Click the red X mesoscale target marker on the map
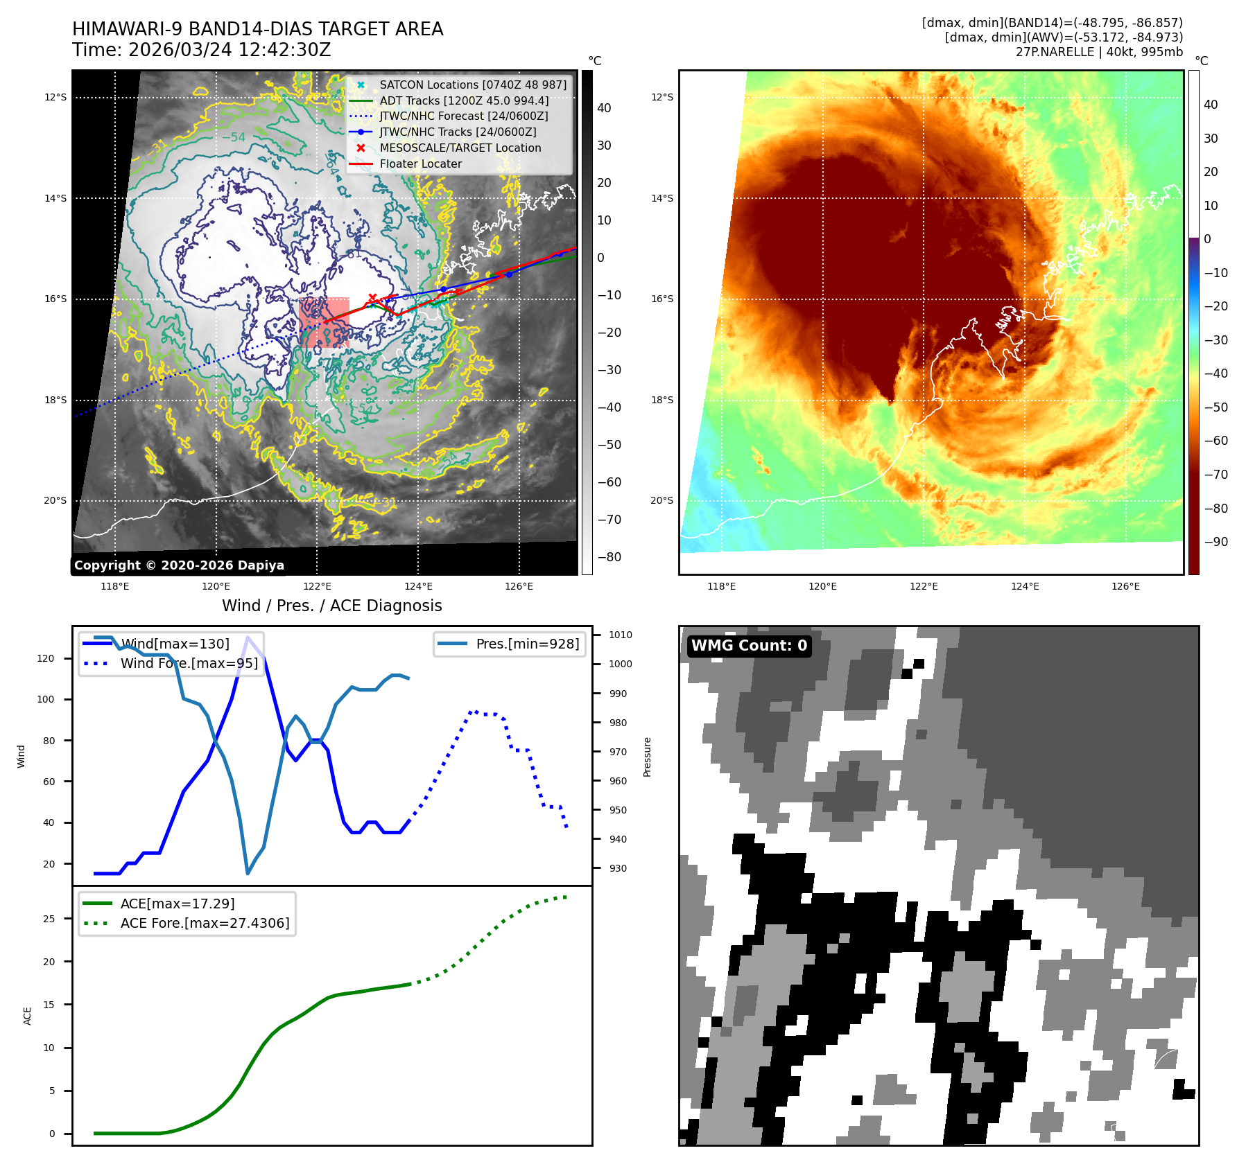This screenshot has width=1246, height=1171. coord(372,298)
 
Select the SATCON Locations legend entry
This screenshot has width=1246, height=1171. coord(472,85)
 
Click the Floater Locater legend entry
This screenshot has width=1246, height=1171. coord(420,164)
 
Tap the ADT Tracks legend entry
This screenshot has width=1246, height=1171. coord(464,101)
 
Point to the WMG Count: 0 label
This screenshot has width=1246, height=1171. coord(749,646)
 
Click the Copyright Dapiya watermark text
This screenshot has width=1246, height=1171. coord(179,565)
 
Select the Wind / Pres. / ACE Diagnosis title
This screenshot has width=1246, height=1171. coord(331,606)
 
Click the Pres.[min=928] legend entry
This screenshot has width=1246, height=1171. coord(527,644)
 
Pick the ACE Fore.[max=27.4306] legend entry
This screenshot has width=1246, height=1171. coord(205,924)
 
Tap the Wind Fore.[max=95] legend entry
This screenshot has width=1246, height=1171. coord(189,664)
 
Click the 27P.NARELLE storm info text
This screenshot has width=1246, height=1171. coord(1099,52)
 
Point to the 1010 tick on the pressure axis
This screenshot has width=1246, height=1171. coord(621,635)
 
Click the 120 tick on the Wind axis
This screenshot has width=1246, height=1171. coord(46,659)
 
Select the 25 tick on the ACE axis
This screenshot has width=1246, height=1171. coord(49,919)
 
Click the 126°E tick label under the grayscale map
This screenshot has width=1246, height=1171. coord(519,587)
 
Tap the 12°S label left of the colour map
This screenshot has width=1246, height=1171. coord(661,98)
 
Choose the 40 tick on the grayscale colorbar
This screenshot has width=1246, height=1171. coord(604,108)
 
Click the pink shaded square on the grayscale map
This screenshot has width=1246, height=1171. coord(324,322)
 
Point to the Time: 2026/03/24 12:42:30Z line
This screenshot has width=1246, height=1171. coord(201,51)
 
